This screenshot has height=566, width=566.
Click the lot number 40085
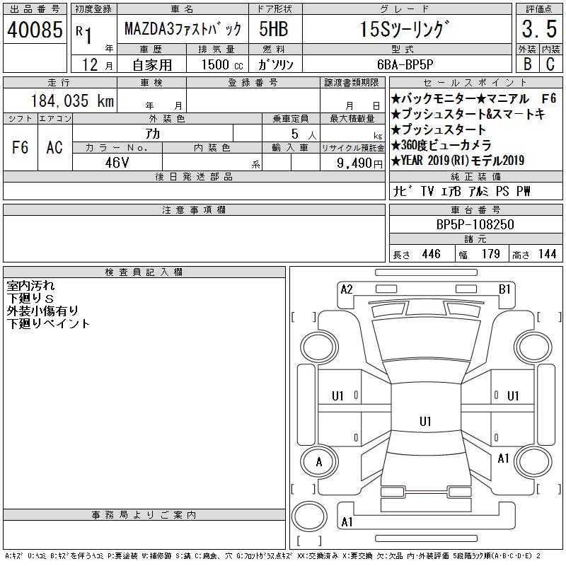tap(35, 30)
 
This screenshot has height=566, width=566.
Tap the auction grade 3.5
tap(539, 29)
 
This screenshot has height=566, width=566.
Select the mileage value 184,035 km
tap(73, 100)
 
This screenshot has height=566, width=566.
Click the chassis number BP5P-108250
tap(475, 224)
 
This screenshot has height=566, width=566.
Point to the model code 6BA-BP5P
tap(405, 64)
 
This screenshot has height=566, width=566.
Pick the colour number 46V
tap(117, 163)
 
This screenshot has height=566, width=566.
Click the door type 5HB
tap(274, 29)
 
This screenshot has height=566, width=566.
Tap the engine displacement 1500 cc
tap(222, 64)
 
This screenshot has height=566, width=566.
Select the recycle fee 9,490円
tap(359, 163)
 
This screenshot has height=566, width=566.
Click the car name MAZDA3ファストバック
tap(183, 28)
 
